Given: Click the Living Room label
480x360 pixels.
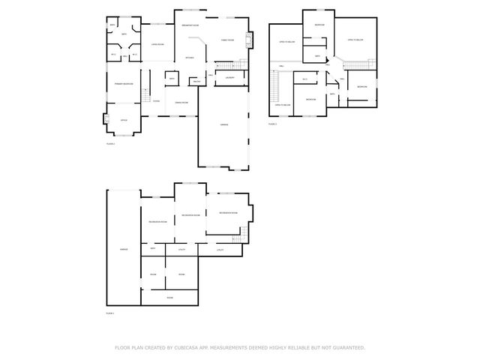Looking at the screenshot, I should pos(157,45).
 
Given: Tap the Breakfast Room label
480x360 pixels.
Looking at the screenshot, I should pos(190,25).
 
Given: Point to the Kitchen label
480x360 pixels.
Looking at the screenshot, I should pos(190,58).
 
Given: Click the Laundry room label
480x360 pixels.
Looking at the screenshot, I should pos(230,77).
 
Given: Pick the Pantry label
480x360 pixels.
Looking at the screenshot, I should pos(196,81).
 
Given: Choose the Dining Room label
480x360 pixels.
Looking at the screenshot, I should pos(181,102).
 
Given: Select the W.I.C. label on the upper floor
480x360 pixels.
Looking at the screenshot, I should pos(304,79).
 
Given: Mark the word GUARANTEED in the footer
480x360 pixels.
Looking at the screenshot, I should pos(349,347).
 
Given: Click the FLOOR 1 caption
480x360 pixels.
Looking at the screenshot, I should pos(110,312).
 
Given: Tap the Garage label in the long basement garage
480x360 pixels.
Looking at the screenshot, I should pos(124,249).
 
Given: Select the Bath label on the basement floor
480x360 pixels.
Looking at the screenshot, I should pos(152,248).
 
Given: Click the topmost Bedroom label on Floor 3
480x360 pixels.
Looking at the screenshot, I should pos(319,25).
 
